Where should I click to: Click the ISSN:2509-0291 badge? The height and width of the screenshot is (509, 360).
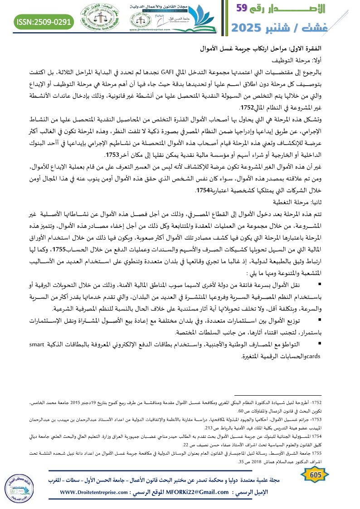44,21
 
